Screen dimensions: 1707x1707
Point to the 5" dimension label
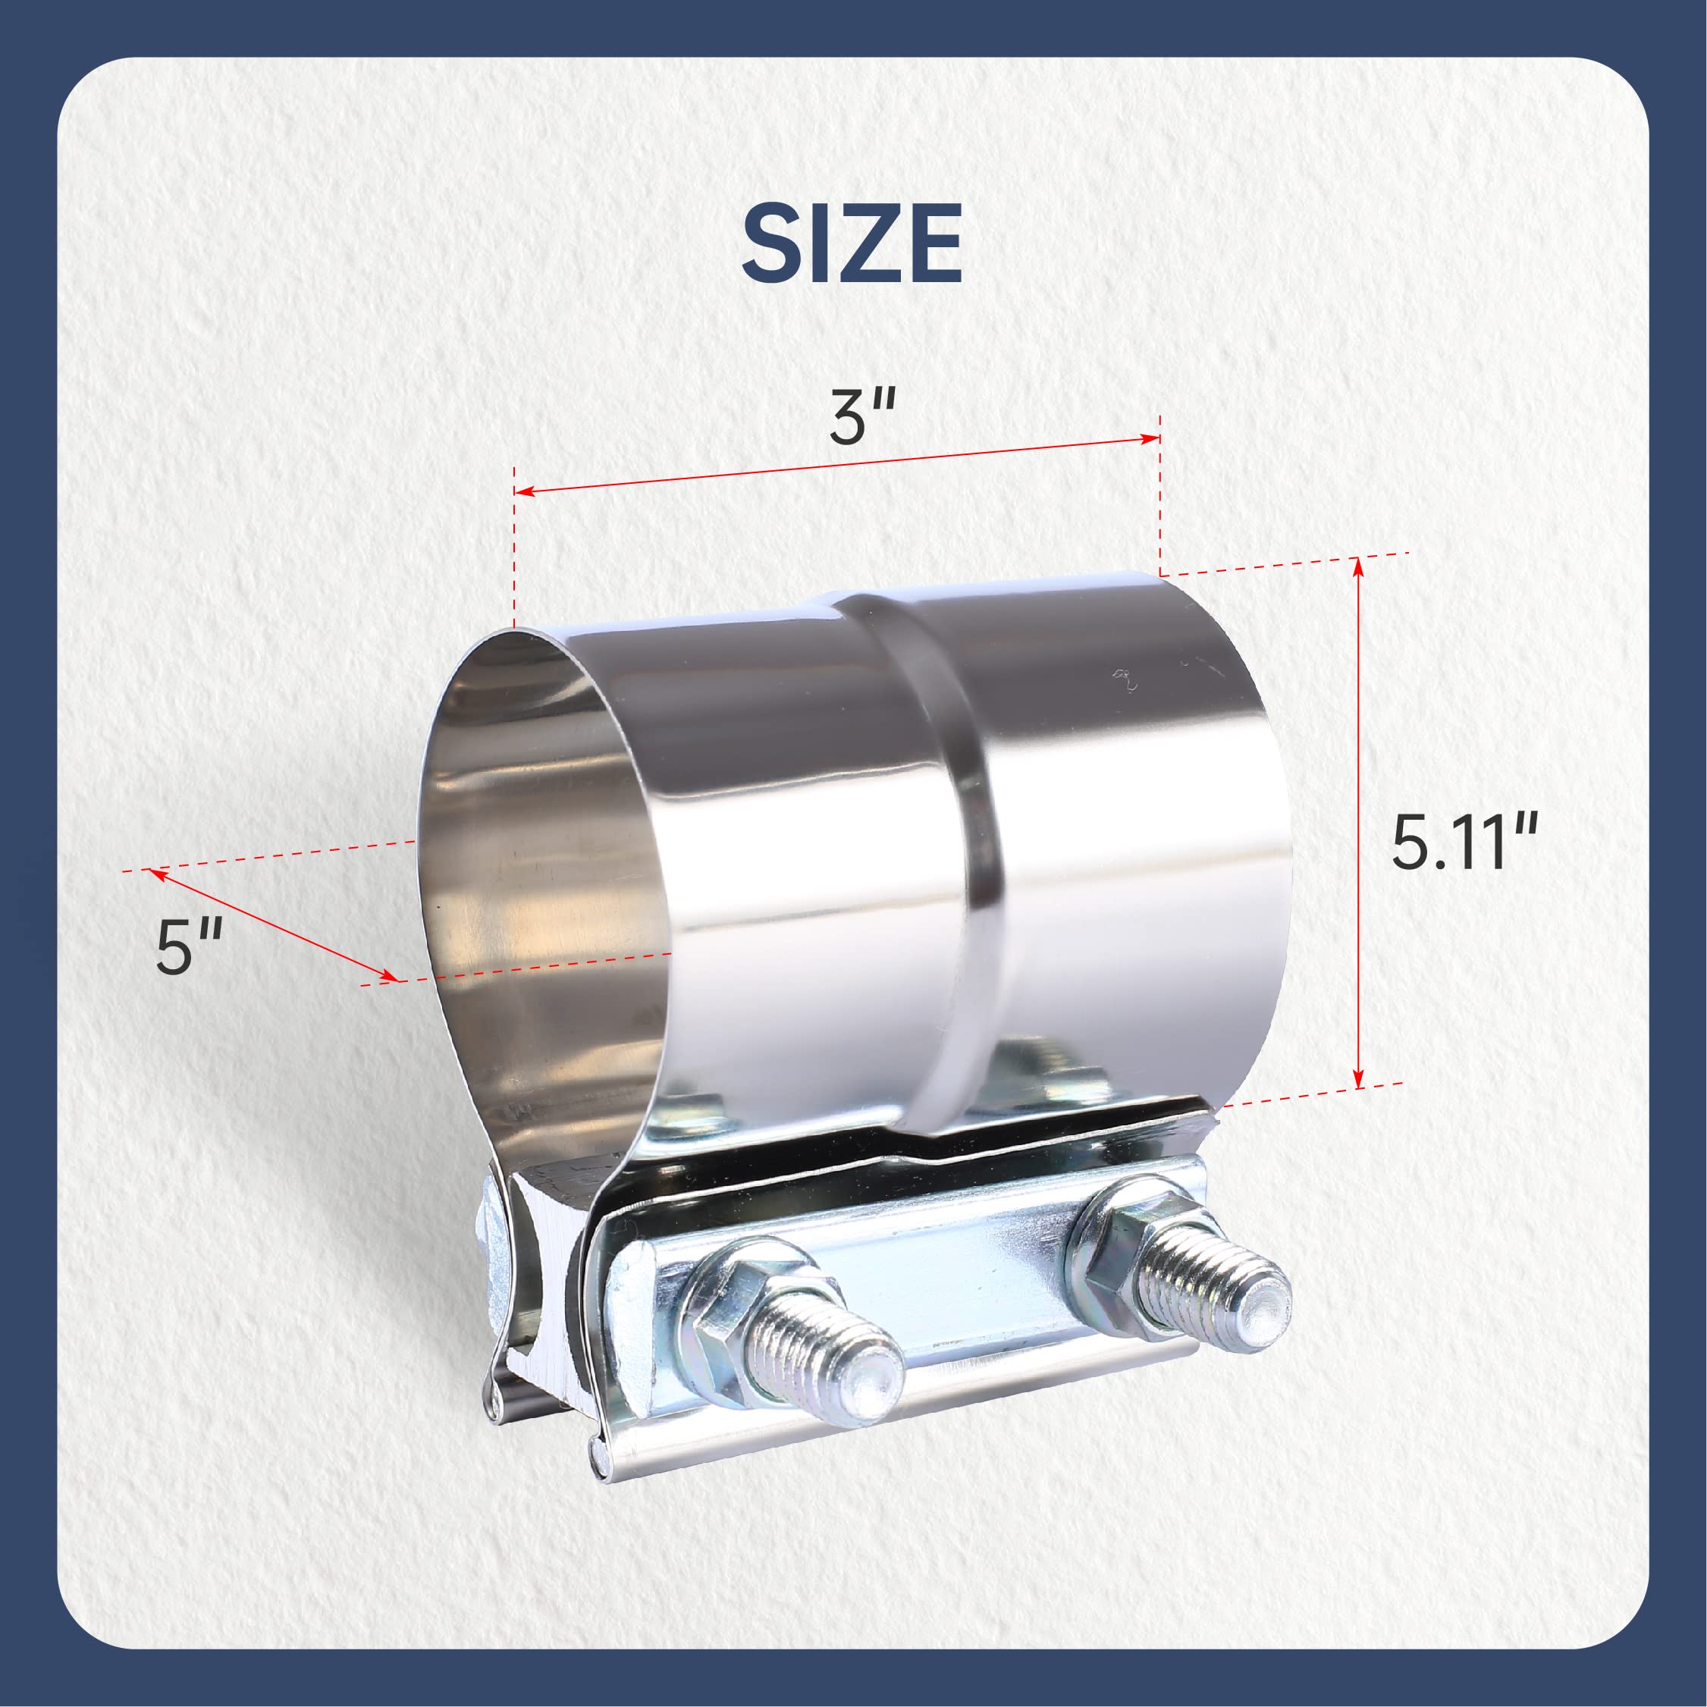pos(187,946)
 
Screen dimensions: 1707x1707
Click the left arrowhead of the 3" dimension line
pos(523,491)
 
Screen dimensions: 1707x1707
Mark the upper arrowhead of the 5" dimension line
pos(157,873)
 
